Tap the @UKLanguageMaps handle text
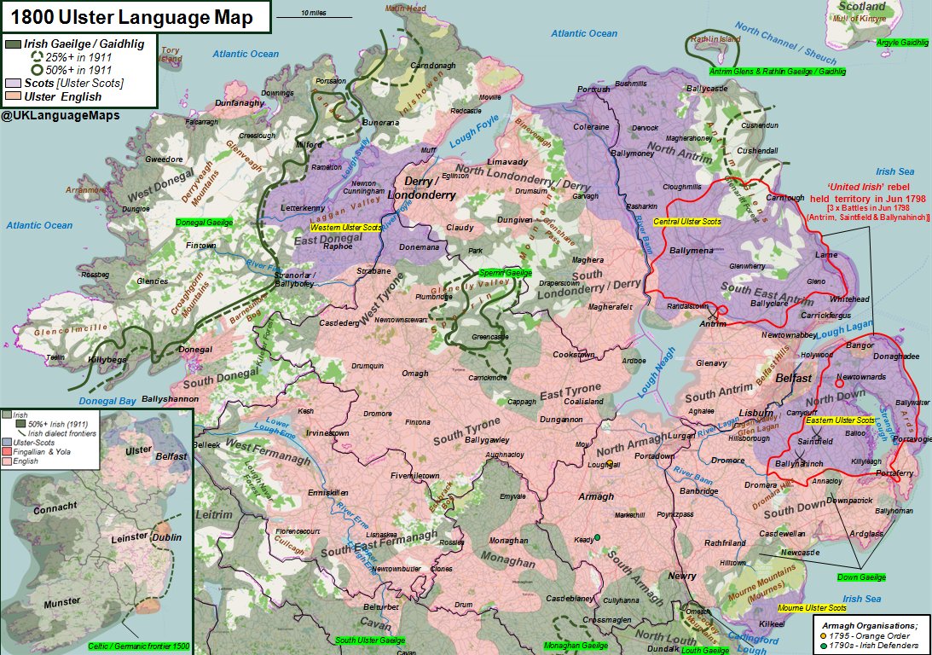coord(60,114)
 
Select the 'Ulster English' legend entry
coord(63,96)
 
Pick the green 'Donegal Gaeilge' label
coord(204,222)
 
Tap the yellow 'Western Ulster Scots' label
coord(345,228)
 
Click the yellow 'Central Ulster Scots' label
coord(687,222)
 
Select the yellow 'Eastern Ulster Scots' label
coord(839,420)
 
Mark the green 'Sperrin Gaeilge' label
coord(505,272)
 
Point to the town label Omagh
coord(415,373)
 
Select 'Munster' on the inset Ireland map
coord(61,602)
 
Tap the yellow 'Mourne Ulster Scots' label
coord(812,608)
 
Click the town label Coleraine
coord(591,127)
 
